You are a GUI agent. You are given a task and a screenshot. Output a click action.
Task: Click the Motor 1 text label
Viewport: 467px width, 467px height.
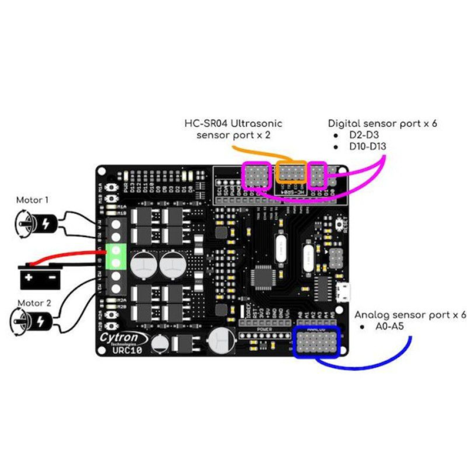32,200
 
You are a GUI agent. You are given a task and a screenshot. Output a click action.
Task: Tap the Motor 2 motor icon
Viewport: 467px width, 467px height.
33,322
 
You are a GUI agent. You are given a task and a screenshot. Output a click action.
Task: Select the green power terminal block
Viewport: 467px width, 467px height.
116,257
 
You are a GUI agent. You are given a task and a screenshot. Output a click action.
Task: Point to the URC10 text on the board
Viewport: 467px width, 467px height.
127,350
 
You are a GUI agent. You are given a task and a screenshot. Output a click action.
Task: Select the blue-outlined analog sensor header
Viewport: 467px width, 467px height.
317,342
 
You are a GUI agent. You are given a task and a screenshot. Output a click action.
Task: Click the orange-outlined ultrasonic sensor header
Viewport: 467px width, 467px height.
291,173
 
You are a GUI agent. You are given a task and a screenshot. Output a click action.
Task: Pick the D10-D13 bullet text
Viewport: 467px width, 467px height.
368,146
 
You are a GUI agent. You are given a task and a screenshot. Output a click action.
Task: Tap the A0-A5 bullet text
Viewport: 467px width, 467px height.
390,326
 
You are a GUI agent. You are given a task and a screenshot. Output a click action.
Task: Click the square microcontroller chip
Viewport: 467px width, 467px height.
263,278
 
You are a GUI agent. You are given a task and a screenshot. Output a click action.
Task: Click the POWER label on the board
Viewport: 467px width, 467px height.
264,329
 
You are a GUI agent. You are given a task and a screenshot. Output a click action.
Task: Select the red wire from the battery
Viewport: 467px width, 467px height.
67,257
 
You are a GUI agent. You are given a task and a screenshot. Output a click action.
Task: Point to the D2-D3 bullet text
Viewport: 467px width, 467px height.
364,135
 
